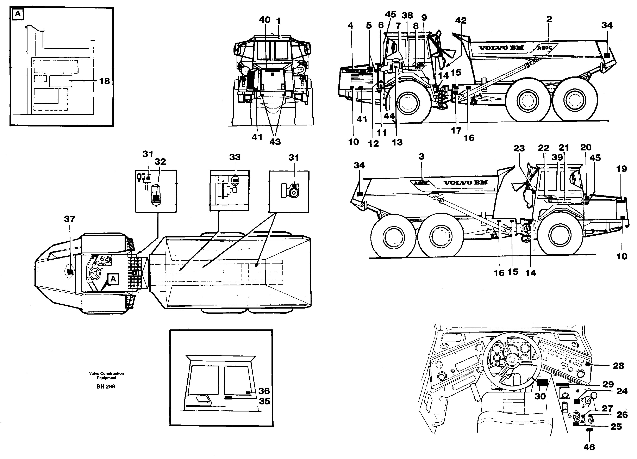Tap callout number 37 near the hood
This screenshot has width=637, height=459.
point(69,219)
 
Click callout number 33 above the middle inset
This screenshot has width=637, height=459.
point(235,157)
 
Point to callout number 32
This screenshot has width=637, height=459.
point(160,162)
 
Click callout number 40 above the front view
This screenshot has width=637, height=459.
point(265,20)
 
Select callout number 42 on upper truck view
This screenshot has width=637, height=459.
point(461,20)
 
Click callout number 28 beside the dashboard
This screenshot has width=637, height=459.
point(618,366)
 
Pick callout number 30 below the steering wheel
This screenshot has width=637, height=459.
point(540,396)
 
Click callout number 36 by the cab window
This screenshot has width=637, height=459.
point(264,391)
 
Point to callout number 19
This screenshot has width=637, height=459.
point(622,169)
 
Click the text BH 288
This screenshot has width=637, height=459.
point(106,386)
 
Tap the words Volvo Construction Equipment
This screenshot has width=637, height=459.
point(106,376)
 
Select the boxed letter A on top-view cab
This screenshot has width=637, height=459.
point(113,279)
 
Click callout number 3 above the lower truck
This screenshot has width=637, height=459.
point(421,157)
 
